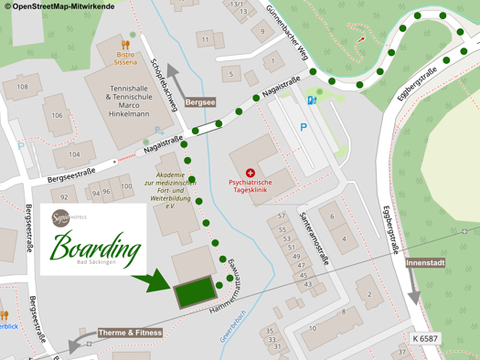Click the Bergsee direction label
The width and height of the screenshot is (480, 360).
point(200,103)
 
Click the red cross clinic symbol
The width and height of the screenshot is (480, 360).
point(251,173)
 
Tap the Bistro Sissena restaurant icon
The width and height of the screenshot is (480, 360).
point(125,43)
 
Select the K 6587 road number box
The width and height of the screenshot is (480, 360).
point(425,339)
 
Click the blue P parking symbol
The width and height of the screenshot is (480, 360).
point(304,127)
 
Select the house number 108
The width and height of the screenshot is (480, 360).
point(23,88)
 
